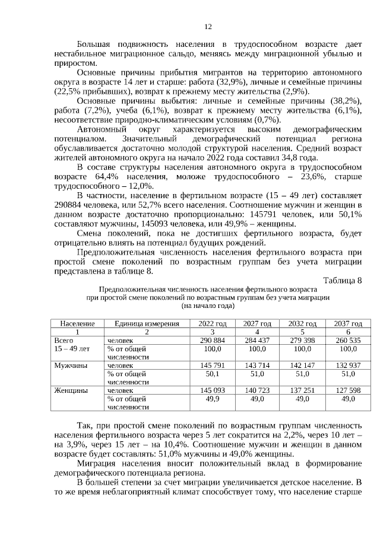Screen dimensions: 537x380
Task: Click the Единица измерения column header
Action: click(147, 323)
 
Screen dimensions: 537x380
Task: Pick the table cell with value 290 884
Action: click(212, 341)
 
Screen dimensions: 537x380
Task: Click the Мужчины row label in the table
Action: click(70, 366)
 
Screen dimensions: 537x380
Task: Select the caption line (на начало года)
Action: click(208, 306)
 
